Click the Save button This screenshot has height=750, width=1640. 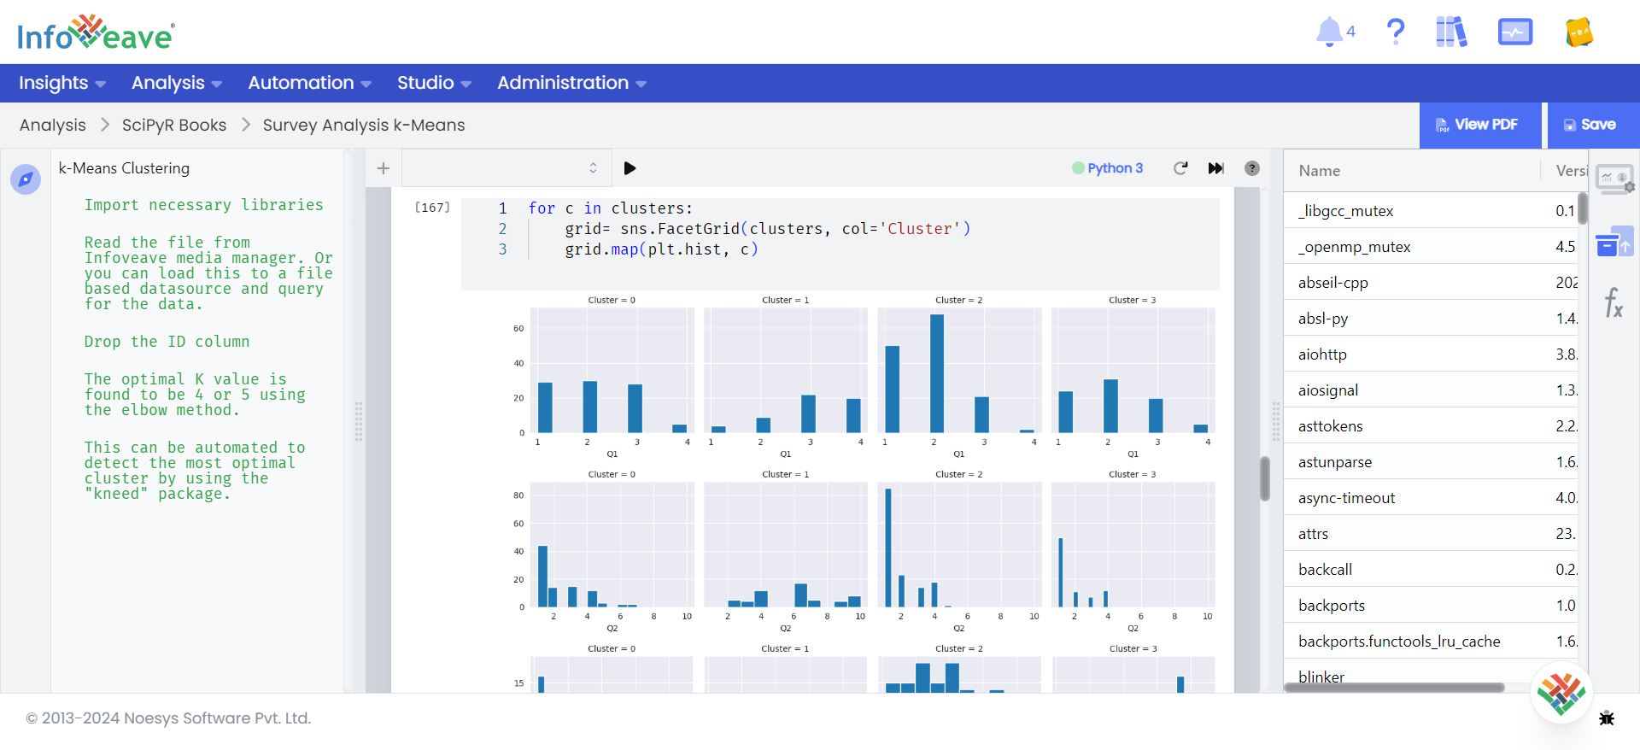(x=1590, y=125)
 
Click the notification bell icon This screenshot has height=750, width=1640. (x=1329, y=32)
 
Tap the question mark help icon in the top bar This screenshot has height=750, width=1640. (x=1395, y=32)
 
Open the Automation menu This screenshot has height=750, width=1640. (x=309, y=83)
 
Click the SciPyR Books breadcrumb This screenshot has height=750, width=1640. (x=174, y=125)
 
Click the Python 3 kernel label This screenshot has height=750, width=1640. (x=1114, y=168)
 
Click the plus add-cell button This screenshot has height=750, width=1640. (x=384, y=168)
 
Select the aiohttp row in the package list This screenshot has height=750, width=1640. (x=1322, y=354)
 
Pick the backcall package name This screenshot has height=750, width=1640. (x=1325, y=570)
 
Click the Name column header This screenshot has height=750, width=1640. (x=1320, y=171)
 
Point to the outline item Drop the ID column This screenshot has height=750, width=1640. (x=167, y=342)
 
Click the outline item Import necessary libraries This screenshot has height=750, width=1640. (x=203, y=205)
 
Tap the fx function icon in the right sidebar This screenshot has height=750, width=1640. (x=1614, y=302)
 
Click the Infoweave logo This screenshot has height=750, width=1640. (x=96, y=34)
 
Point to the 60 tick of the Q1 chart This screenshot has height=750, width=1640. (x=518, y=329)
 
